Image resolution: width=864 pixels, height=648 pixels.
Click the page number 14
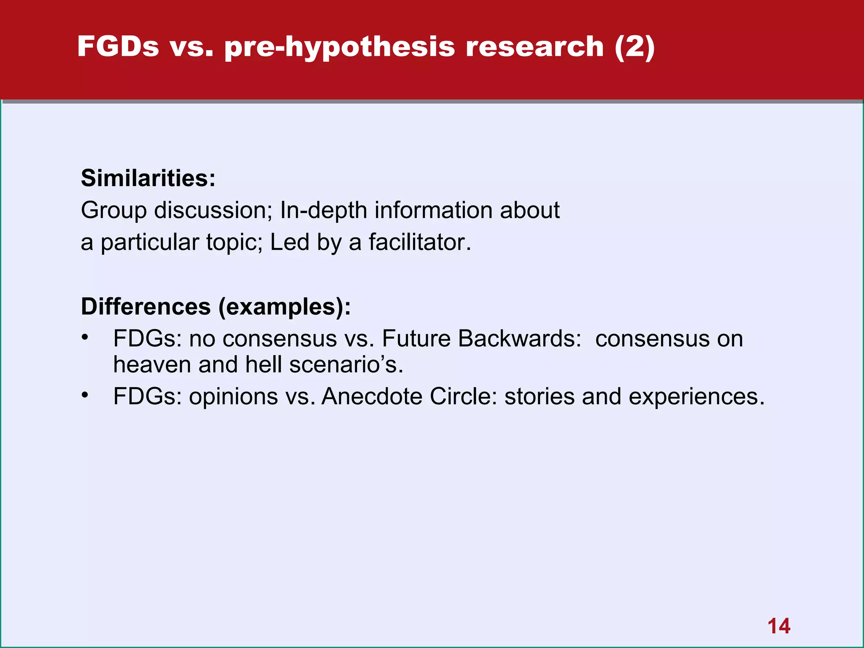tap(779, 626)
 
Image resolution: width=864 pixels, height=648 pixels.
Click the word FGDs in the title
tap(118, 46)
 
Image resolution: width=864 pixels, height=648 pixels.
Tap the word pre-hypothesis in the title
tap(340, 47)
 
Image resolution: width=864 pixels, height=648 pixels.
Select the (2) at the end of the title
tap(634, 46)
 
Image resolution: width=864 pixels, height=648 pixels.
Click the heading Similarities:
tap(148, 178)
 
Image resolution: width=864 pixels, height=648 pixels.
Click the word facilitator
tap(419, 243)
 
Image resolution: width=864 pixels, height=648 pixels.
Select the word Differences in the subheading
tap(146, 306)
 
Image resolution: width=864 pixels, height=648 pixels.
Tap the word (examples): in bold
tap(284, 307)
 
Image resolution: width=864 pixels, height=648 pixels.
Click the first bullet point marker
tap(85, 337)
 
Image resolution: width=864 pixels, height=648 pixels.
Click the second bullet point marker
tap(85, 395)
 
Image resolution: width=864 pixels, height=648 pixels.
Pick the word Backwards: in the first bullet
tap(520, 339)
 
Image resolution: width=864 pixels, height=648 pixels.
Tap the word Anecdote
tap(372, 397)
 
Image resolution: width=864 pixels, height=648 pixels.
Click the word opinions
tap(233, 397)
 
